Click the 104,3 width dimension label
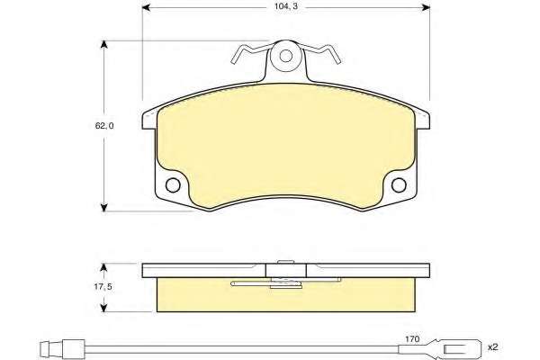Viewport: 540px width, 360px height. [x=286, y=6]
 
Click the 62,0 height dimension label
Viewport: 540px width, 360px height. [x=104, y=126]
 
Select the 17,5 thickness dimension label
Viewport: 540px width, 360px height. [x=103, y=286]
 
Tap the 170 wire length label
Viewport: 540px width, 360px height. [x=412, y=339]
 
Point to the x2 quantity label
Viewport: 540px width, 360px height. [x=492, y=346]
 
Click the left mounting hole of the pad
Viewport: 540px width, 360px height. [x=173, y=185]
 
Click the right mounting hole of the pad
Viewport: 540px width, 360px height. [x=399, y=185]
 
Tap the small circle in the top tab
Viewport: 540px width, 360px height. [x=286, y=56]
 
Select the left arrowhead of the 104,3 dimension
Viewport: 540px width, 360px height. [x=146, y=7]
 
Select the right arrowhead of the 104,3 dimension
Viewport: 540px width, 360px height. [x=426, y=7]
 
